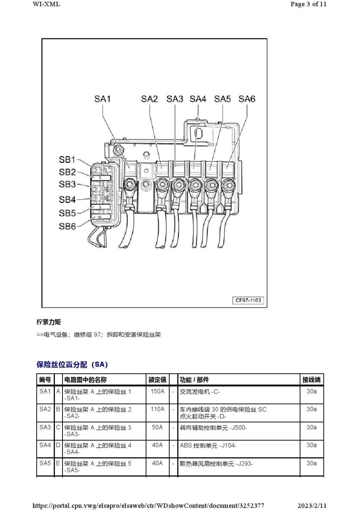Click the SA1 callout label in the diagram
[x=102, y=99]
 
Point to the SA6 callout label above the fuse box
[x=247, y=99]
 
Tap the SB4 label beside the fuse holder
[x=67, y=199]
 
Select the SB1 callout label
[x=67, y=160]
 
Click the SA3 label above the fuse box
[x=174, y=99]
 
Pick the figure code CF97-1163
[x=248, y=300]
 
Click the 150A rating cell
[x=157, y=391]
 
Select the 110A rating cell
[x=157, y=409]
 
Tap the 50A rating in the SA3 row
[x=157, y=428]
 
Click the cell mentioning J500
[x=213, y=428]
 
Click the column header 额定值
[x=157, y=380]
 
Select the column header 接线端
[x=311, y=380]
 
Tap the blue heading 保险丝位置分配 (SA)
[x=72, y=365]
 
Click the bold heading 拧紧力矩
[x=49, y=322]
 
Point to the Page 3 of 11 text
[x=308, y=4]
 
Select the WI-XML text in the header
[x=46, y=4]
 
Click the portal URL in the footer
[x=148, y=506]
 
